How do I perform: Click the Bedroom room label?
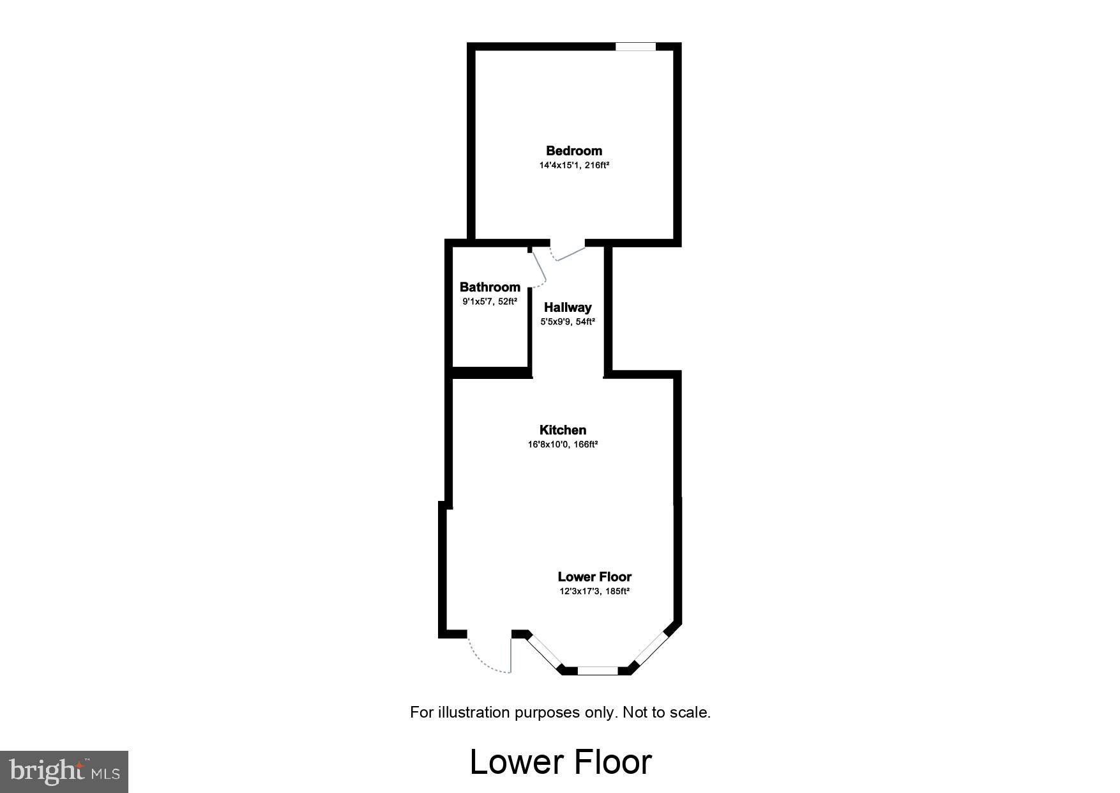point(573,151)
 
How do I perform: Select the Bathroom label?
point(490,287)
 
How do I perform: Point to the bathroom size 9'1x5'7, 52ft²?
point(490,302)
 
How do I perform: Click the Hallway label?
point(568,307)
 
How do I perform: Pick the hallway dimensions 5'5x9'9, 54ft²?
point(568,322)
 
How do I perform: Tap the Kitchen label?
point(563,430)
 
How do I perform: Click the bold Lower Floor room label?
point(594,576)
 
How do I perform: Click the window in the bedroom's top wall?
point(635,47)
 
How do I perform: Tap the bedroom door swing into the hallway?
point(568,254)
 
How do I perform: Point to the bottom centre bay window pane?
point(598,670)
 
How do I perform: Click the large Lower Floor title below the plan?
point(561,762)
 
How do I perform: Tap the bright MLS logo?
point(64,771)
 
